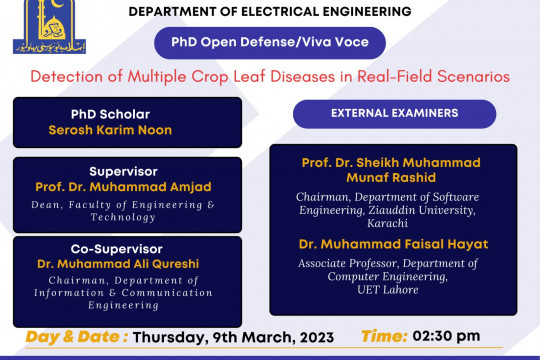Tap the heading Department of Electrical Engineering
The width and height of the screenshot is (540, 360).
270,11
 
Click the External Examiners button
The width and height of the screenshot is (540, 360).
394,114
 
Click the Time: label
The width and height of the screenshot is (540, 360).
385,337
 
